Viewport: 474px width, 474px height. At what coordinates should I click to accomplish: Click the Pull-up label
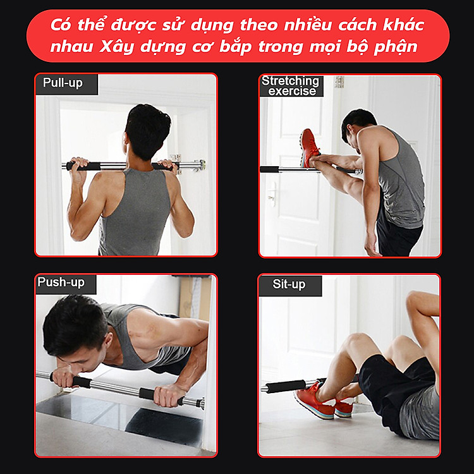coord(63,83)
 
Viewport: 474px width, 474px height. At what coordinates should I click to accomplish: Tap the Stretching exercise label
coord(291,86)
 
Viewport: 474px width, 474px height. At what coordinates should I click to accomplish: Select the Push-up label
coord(61,283)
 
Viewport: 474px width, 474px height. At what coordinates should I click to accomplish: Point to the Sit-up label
coord(289,284)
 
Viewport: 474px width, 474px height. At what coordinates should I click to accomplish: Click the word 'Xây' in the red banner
coord(117,47)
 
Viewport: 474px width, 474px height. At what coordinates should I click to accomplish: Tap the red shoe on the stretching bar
coord(309,148)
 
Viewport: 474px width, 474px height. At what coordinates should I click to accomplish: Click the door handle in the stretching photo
coord(272,193)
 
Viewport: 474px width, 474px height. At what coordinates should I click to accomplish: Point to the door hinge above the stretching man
coord(339,82)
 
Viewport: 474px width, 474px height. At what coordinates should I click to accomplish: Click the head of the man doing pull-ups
coord(147,131)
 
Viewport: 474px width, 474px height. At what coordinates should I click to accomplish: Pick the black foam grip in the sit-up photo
coord(285,386)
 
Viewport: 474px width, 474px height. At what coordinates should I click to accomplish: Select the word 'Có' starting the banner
coord(61,25)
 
